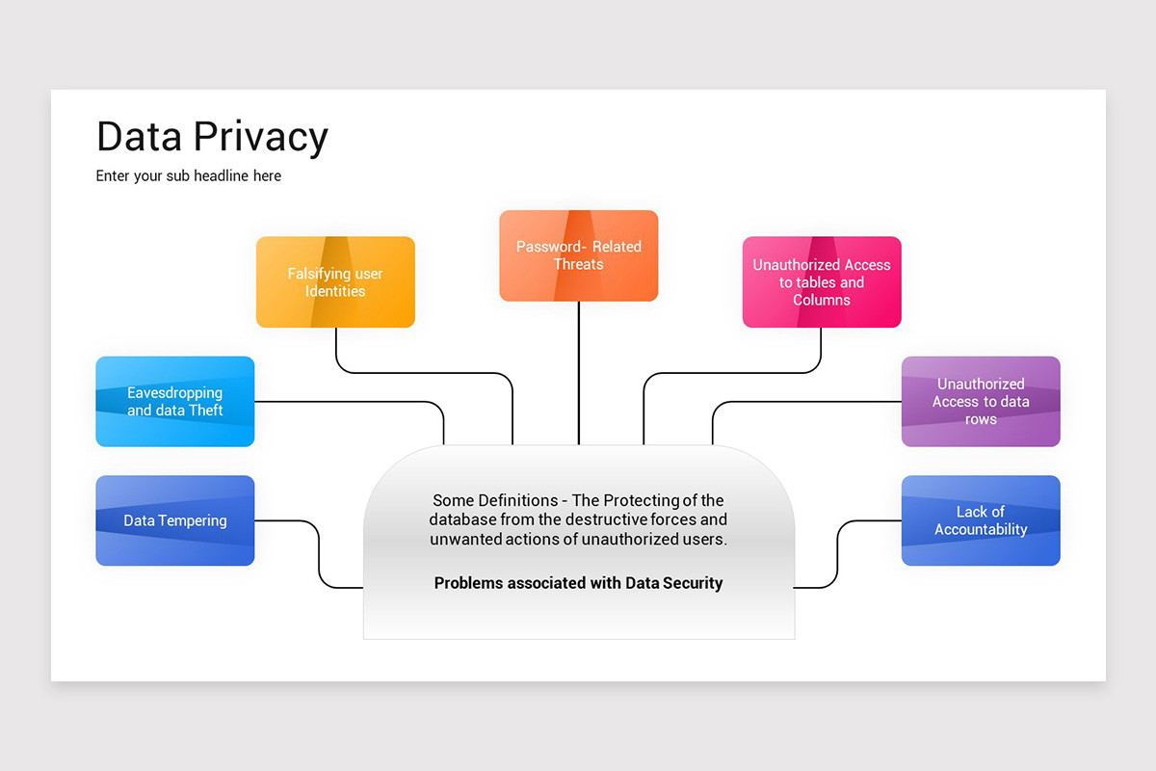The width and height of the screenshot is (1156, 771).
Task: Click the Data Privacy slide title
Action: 212,137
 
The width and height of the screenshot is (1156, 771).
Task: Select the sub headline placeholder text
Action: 189,176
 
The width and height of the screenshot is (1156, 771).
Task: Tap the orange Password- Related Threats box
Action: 578,255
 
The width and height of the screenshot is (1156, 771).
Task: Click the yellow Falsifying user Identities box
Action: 335,282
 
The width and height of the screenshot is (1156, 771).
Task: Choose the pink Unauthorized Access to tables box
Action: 822,282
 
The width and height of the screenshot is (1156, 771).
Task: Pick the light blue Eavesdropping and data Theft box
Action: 174,402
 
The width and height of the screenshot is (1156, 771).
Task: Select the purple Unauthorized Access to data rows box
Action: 981,402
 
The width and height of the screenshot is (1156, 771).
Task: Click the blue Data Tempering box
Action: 174,520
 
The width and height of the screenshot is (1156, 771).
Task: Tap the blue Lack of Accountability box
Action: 981,520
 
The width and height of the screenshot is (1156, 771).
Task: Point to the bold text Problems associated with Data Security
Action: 578,583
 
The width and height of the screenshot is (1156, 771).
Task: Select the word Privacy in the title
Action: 261,137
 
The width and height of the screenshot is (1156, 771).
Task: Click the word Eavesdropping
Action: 174,393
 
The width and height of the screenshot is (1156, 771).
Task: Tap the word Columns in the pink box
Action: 822,301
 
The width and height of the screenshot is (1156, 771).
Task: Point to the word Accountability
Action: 981,530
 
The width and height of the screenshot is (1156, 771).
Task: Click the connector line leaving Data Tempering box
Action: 319,554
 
